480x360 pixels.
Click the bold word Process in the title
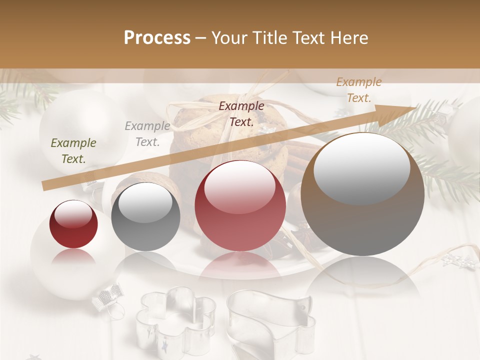(x=157, y=38)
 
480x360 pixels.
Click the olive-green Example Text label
(x=73, y=151)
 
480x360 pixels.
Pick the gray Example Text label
(x=147, y=133)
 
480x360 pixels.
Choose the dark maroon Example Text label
(x=241, y=113)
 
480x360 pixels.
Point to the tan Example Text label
(x=358, y=90)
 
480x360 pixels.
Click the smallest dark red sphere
(x=73, y=225)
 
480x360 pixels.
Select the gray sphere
(x=145, y=217)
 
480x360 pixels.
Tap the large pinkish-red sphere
(x=240, y=206)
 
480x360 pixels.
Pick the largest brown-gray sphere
(x=362, y=195)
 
